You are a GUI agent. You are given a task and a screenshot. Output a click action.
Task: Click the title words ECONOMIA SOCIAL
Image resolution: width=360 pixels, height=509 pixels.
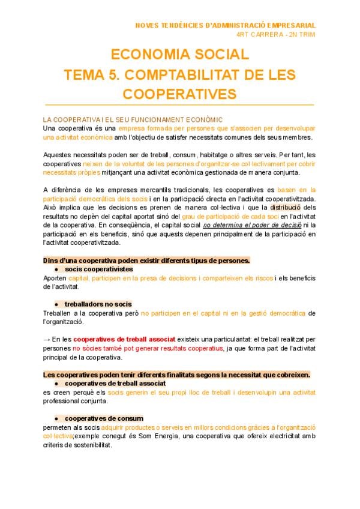[179, 55]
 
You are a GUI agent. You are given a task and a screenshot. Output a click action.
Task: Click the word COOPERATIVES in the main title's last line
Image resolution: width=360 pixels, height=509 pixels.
[179, 95]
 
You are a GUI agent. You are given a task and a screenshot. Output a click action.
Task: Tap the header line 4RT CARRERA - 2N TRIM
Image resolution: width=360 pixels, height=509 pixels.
[276, 34]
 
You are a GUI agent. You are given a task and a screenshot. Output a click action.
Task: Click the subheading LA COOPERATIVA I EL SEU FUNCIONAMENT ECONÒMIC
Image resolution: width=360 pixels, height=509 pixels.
[133, 119]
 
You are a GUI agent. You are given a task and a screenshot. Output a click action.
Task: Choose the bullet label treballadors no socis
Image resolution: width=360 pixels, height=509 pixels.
[98, 304]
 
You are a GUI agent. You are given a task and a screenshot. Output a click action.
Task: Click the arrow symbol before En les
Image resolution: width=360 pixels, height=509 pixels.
[47, 339]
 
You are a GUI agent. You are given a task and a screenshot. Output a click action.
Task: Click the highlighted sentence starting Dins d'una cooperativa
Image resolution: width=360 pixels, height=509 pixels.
[146, 261]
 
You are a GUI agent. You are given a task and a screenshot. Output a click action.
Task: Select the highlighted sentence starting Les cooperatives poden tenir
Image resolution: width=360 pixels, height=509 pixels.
[176, 375]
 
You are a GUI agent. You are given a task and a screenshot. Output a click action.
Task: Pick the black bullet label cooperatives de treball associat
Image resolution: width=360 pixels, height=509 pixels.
[115, 383]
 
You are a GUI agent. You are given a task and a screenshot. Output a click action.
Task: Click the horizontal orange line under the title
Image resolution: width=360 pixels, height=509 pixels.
[179, 105]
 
